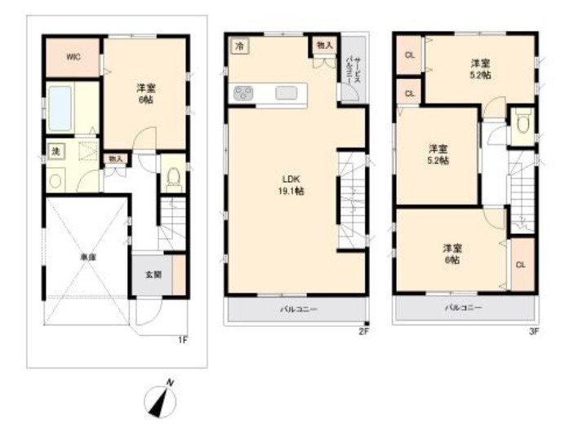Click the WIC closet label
tap(72, 57)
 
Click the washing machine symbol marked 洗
tap(56, 152)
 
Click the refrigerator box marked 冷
tap(239, 46)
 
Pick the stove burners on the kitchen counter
tap(244, 93)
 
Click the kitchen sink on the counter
tap(286, 93)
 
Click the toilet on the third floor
tap(522, 122)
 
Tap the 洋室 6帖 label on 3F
tap(454, 253)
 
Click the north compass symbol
tap(162, 399)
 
